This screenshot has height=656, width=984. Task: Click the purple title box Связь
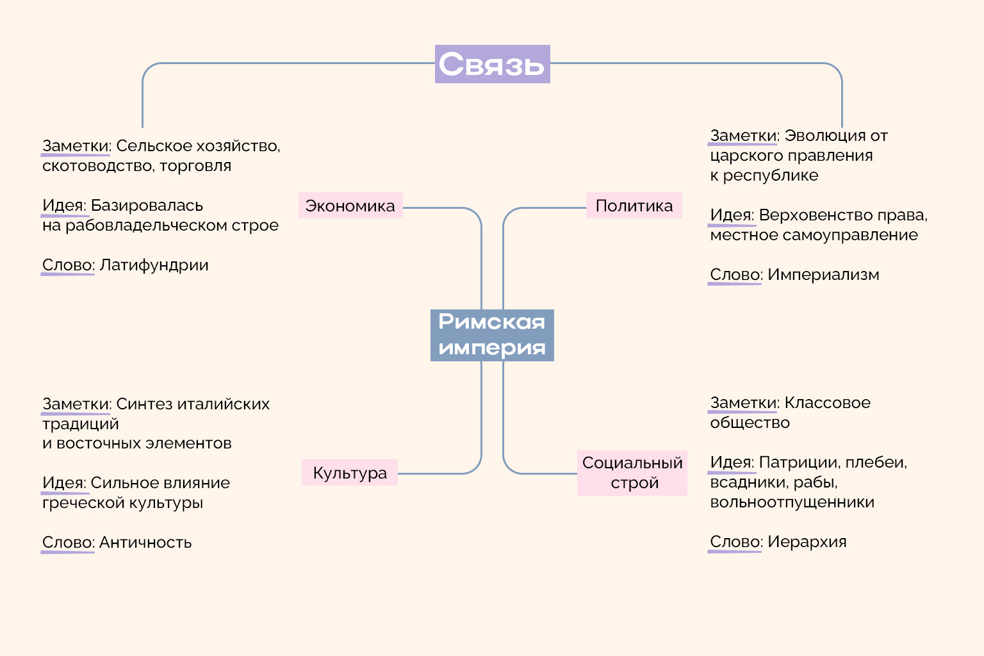coord(492,64)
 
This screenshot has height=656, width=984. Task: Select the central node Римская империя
coord(492,335)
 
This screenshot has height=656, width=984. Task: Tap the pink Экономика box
coord(350,206)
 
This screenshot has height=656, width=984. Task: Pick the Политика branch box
coord(634,206)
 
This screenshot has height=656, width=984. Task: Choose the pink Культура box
coord(350,473)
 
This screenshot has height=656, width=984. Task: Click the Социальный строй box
coord(632,473)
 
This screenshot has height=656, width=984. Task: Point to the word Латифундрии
coord(154,265)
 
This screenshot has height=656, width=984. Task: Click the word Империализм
coord(823,275)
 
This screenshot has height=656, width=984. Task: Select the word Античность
coord(145,543)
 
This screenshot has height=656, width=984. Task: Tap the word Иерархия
coord(807,542)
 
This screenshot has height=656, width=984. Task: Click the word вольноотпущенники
coord(792,502)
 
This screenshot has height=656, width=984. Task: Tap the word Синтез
coord(144,404)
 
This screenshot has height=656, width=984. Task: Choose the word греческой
coord(70,503)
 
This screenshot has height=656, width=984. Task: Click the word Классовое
coord(827,403)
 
